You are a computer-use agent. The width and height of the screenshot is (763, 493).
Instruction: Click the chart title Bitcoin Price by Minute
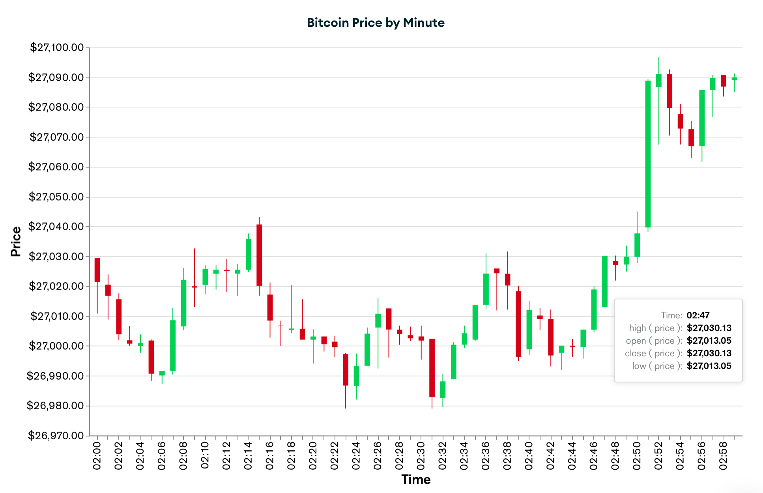[376, 23]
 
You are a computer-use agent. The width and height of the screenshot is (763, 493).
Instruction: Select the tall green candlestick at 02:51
[648, 154]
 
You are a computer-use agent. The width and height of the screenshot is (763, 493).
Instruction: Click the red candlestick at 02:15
[259, 255]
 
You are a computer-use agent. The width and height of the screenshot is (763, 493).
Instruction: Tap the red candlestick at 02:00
[97, 270]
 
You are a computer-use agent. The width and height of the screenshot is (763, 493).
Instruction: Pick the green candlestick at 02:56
[702, 118]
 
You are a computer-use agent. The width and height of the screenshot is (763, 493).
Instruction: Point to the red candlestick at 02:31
[432, 368]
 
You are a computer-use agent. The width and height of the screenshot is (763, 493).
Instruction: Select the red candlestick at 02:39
[518, 324]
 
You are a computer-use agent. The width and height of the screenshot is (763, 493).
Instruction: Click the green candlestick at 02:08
[183, 303]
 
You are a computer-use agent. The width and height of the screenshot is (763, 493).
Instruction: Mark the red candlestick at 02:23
[346, 369]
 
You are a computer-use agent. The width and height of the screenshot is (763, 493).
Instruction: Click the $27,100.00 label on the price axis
[57, 48]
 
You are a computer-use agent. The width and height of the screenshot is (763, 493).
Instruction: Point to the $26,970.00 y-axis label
[56, 436]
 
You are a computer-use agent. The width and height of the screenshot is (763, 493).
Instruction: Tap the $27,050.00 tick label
[56, 197]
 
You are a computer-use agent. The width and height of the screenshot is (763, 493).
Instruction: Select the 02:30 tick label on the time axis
[421, 456]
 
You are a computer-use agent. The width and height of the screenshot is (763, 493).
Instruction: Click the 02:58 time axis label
[723, 456]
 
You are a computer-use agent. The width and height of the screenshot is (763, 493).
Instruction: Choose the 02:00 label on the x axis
[97, 456]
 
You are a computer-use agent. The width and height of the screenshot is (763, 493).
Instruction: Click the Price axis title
[16, 242]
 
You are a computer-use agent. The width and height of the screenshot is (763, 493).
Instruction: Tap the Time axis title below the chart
[416, 480]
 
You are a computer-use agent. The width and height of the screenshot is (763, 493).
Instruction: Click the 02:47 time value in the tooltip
[698, 315]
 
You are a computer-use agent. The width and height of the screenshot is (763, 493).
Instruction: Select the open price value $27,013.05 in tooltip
[709, 341]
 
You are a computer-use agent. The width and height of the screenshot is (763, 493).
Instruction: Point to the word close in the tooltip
[635, 353]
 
